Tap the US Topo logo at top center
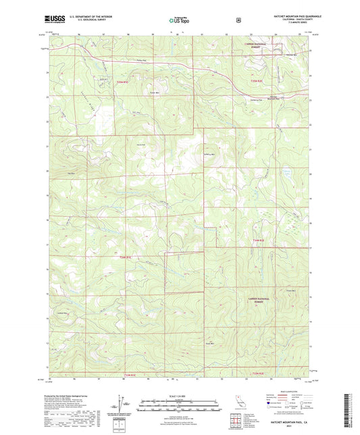pos(179,20)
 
